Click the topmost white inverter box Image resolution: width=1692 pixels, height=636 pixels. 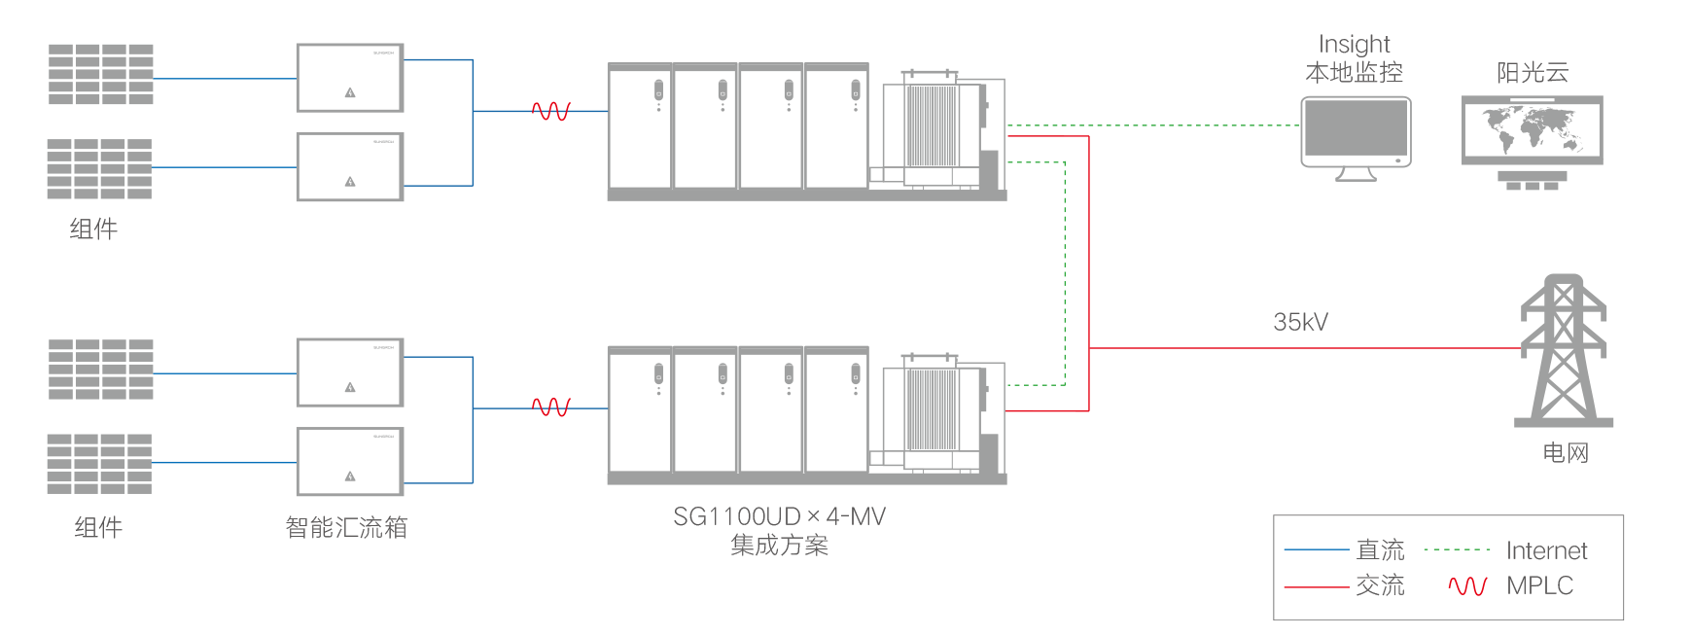(x=349, y=77)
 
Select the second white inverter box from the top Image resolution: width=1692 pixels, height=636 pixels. (x=349, y=166)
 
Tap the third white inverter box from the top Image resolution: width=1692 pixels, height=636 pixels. (x=349, y=371)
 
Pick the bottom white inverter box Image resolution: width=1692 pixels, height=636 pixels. (x=349, y=461)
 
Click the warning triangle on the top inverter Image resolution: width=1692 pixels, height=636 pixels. (x=350, y=93)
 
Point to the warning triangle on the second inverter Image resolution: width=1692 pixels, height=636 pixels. (x=350, y=182)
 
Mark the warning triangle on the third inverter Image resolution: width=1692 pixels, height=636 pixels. (x=350, y=388)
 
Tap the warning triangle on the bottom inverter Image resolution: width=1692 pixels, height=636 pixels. (x=350, y=477)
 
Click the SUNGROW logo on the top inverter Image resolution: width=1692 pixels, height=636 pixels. (x=384, y=53)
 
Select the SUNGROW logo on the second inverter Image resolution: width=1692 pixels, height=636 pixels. (x=384, y=142)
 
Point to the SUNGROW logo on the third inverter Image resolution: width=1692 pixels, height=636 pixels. (x=384, y=347)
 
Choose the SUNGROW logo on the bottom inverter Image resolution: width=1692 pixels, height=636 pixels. (x=384, y=437)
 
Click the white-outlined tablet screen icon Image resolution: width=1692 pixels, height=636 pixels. (x=1356, y=130)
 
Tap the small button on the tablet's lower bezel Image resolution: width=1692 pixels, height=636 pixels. (x=1397, y=160)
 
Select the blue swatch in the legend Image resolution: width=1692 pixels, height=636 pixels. (x=1316, y=548)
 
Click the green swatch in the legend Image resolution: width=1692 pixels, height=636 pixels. (x=1456, y=548)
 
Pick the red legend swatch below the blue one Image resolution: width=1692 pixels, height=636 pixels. (x=1316, y=585)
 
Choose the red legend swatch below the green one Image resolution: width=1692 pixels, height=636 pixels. (x=1461, y=585)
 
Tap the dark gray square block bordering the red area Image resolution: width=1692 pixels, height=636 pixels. (x=1301, y=284)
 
